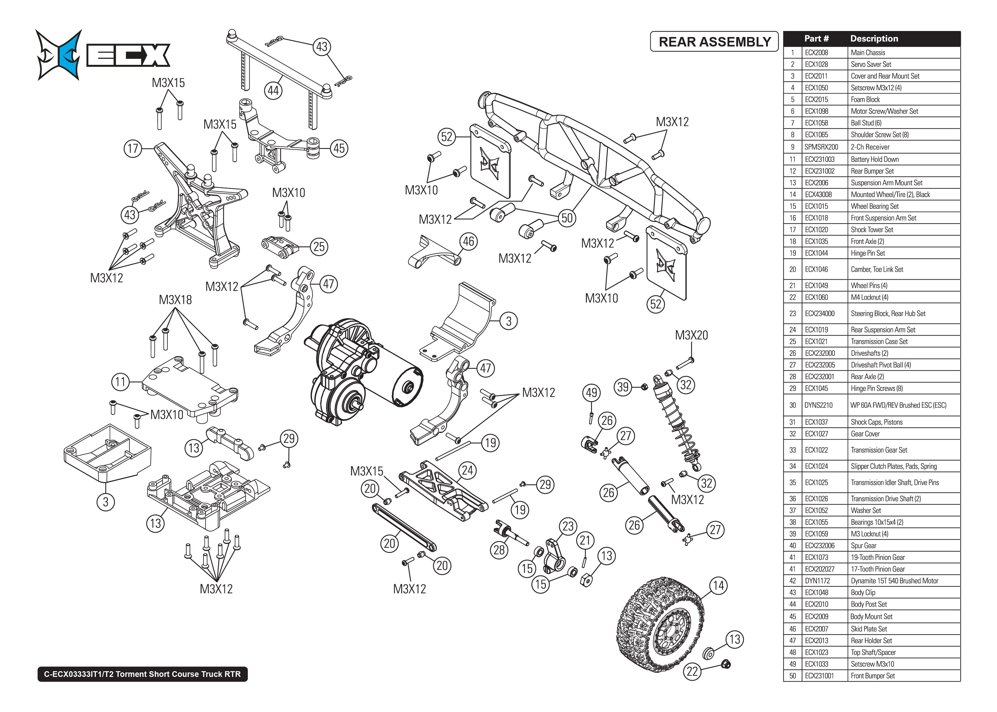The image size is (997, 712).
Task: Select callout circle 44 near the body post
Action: pos(273,91)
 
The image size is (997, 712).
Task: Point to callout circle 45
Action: pos(339,148)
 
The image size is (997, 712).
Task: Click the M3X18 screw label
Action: pos(175,300)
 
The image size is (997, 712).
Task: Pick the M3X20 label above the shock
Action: pos(691,335)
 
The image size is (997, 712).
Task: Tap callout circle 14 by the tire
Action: pos(718,586)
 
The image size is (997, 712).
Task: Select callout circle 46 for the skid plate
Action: pos(468,242)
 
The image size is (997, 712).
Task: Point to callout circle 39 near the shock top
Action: pos(623,387)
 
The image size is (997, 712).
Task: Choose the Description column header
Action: pos(874,39)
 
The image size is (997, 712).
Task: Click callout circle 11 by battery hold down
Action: pos(121,382)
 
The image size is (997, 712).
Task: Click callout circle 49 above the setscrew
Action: pos(591,393)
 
